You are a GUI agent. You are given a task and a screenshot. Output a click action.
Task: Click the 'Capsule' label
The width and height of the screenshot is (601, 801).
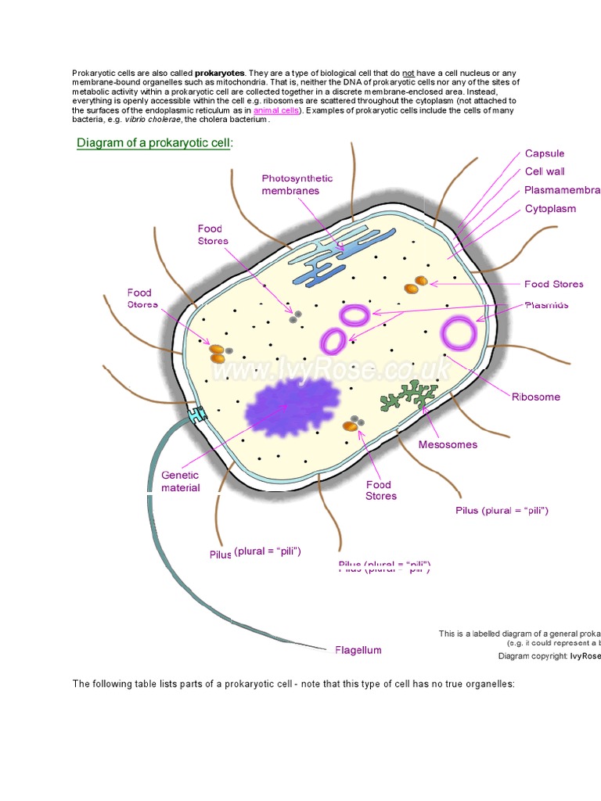544,153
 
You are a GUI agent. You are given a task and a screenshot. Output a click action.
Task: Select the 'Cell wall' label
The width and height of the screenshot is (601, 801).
545,171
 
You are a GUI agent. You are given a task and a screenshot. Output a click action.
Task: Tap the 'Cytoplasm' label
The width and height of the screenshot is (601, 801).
550,209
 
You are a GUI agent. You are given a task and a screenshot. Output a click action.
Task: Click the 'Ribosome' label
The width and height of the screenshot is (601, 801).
536,397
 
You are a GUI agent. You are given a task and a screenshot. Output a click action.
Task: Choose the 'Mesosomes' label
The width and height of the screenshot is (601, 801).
448,444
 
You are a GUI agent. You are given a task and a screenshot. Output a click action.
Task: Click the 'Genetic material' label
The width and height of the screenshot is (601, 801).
180,481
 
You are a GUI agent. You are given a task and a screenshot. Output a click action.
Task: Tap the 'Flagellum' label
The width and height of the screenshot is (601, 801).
358,650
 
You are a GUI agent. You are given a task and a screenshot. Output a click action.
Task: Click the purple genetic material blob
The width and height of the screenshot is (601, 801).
290,406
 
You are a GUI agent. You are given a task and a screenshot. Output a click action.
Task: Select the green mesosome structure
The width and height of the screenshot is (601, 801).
408,396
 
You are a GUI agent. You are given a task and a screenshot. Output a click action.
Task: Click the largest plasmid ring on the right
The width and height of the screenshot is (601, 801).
459,334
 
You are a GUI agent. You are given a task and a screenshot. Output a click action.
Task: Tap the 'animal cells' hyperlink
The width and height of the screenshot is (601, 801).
278,111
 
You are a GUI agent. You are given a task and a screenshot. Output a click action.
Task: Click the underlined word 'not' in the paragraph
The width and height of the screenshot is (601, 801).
408,73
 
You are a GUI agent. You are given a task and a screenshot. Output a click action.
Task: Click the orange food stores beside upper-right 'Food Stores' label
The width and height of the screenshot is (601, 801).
416,285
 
